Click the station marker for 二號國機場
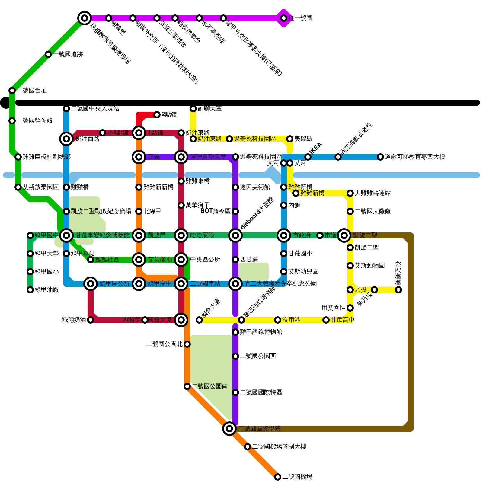[278, 477]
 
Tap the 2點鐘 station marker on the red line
[157, 115]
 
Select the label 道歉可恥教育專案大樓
[415, 157]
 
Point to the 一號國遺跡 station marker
[48, 54]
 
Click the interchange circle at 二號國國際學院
[229, 429]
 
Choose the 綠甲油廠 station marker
[30, 290]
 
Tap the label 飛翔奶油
[74, 320]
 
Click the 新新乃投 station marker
[398, 290]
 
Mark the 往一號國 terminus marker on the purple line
[284, 18]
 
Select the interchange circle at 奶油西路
[66, 139]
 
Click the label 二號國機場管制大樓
[279, 447]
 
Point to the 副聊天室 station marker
[193, 109]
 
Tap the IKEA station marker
[308, 157]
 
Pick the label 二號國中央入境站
[95, 109]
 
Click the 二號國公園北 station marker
[187, 344]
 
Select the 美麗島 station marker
[290, 139]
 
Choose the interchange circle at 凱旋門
[139, 235]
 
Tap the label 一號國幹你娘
[35, 121]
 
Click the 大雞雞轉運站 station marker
[350, 193]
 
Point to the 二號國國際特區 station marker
[235, 392]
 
